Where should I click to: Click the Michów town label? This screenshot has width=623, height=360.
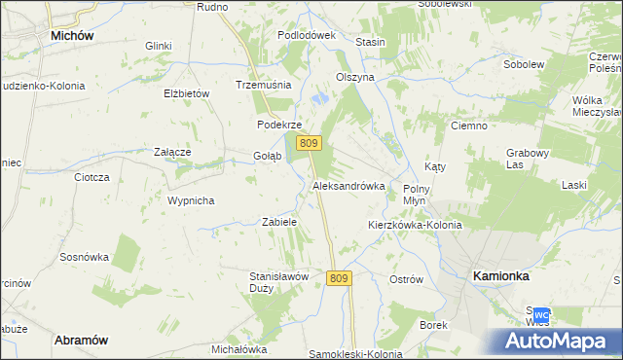coord(71,35)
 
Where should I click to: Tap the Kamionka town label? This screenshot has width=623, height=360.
coord(500,275)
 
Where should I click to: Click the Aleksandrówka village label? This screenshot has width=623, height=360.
coord(348,185)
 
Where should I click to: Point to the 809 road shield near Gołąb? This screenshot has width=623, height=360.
coord(310,143)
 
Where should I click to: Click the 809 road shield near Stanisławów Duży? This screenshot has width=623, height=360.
coord(339,278)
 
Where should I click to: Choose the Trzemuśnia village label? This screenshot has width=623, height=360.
coord(264,85)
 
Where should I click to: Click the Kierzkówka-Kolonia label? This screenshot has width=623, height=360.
coord(414,225)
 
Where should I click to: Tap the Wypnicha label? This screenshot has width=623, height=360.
coord(190,200)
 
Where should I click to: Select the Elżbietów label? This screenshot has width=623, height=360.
coord(188,93)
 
